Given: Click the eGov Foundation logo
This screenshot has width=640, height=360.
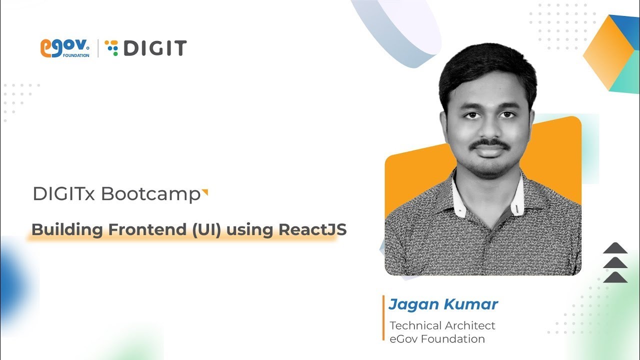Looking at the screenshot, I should pyautogui.click(x=64, y=48).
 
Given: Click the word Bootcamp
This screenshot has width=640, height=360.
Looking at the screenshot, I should pyautogui.click(x=150, y=194).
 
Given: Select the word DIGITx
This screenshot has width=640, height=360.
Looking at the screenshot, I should pyautogui.click(x=63, y=194).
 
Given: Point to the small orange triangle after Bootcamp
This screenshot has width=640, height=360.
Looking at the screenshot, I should pyautogui.click(x=204, y=192).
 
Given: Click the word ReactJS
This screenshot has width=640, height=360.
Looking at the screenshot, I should pyautogui.click(x=312, y=230).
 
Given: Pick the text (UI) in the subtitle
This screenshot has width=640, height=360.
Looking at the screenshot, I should pyautogui.click(x=208, y=230).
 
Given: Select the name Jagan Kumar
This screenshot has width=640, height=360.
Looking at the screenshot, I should pyautogui.click(x=443, y=304).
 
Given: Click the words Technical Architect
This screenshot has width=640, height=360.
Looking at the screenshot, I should pyautogui.click(x=442, y=325).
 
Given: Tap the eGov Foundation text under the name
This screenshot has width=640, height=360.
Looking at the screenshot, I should pyautogui.click(x=437, y=339).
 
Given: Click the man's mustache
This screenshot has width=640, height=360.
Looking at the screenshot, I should pyautogui.click(x=490, y=144).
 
